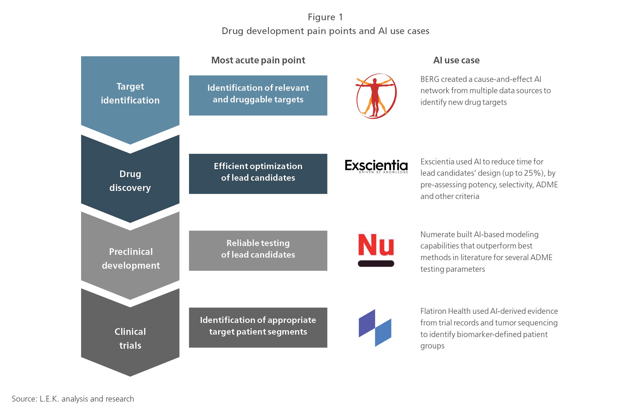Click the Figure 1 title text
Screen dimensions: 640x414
[x=325, y=17]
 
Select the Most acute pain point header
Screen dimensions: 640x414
[x=258, y=60]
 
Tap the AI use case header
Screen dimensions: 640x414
[x=456, y=60]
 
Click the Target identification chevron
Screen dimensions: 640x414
[x=130, y=94]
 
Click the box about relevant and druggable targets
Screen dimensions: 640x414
[x=258, y=95]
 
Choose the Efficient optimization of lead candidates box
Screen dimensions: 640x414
[x=258, y=174]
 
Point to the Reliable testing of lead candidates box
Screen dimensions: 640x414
[x=258, y=251]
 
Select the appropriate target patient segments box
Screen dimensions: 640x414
[x=258, y=328]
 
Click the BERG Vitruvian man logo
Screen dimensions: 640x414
[x=376, y=96]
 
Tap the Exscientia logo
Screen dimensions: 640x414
[x=376, y=166]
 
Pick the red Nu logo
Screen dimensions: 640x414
[x=376, y=245]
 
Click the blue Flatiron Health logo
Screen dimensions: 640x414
[x=375, y=328]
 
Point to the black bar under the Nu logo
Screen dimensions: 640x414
[x=376, y=263]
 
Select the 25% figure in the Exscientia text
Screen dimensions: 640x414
[x=533, y=173]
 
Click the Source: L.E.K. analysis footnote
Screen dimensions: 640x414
[x=73, y=399]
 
